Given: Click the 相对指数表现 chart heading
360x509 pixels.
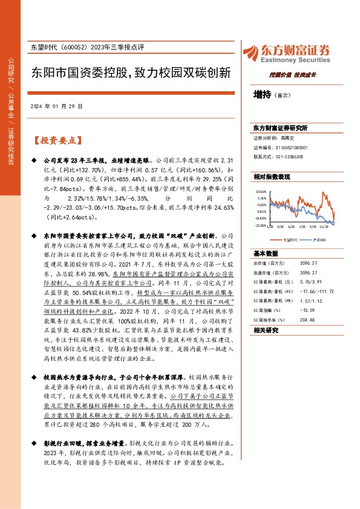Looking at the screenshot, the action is pyautogui.click(x=272, y=177).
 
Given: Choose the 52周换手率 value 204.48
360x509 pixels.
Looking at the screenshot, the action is pyautogui.click(x=309, y=320).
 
